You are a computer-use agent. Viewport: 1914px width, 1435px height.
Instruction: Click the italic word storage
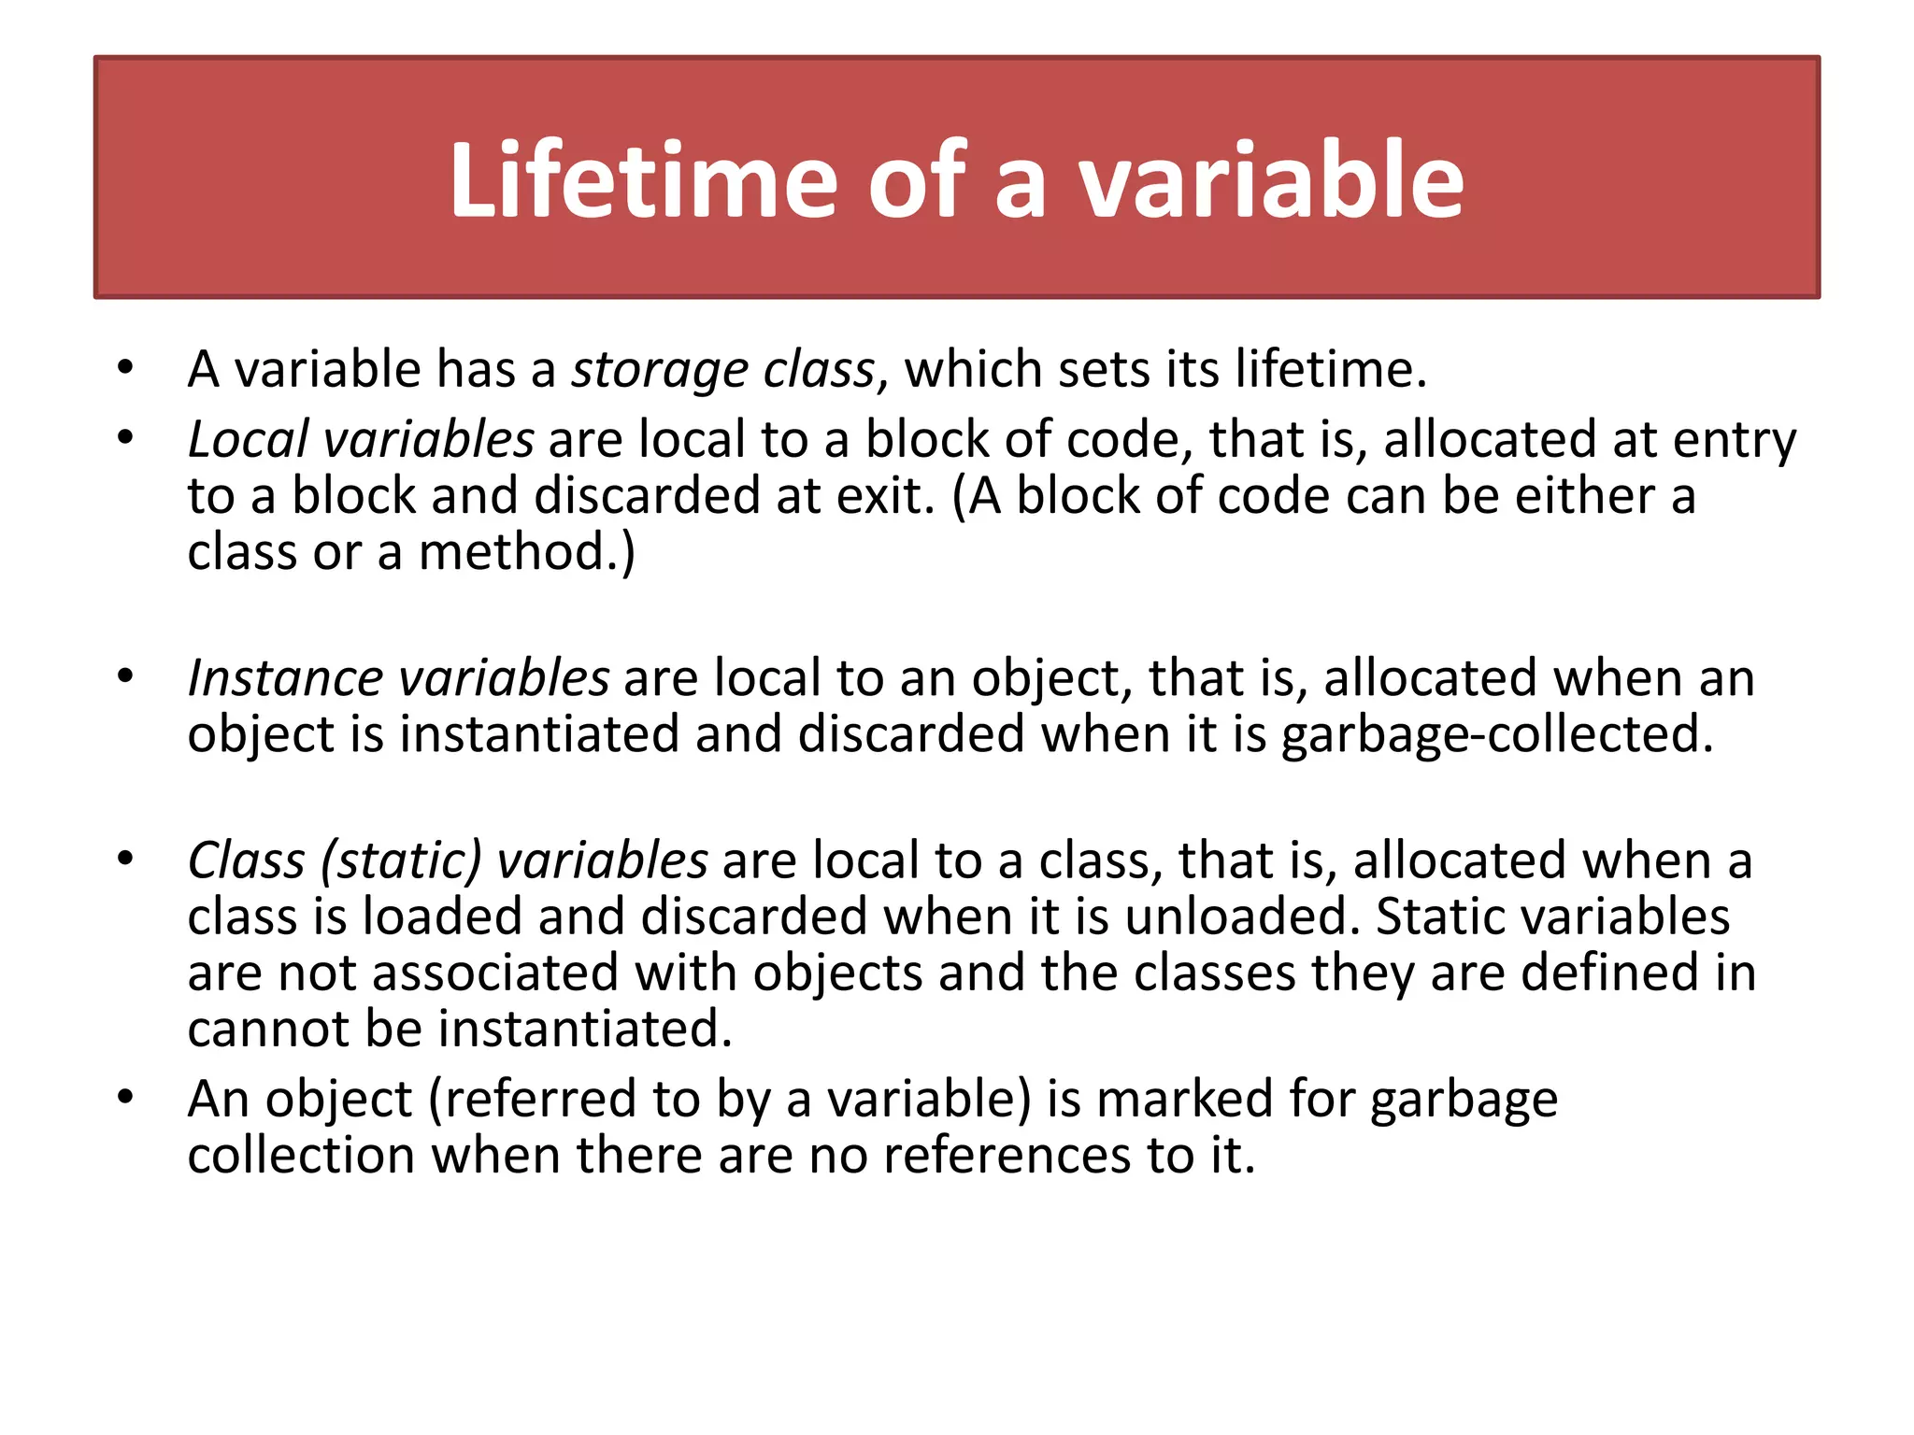660,370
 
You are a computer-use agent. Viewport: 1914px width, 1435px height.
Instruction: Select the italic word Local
248,439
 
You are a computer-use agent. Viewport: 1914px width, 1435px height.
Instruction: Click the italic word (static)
401,860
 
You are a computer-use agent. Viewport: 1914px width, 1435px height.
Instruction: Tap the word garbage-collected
1497,734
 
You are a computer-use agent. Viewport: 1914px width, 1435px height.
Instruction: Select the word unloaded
1242,916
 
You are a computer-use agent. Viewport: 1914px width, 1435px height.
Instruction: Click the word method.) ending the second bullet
526,552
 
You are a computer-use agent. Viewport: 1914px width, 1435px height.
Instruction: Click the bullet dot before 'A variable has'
126,368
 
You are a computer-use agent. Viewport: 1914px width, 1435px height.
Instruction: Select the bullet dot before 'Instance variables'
126,676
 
